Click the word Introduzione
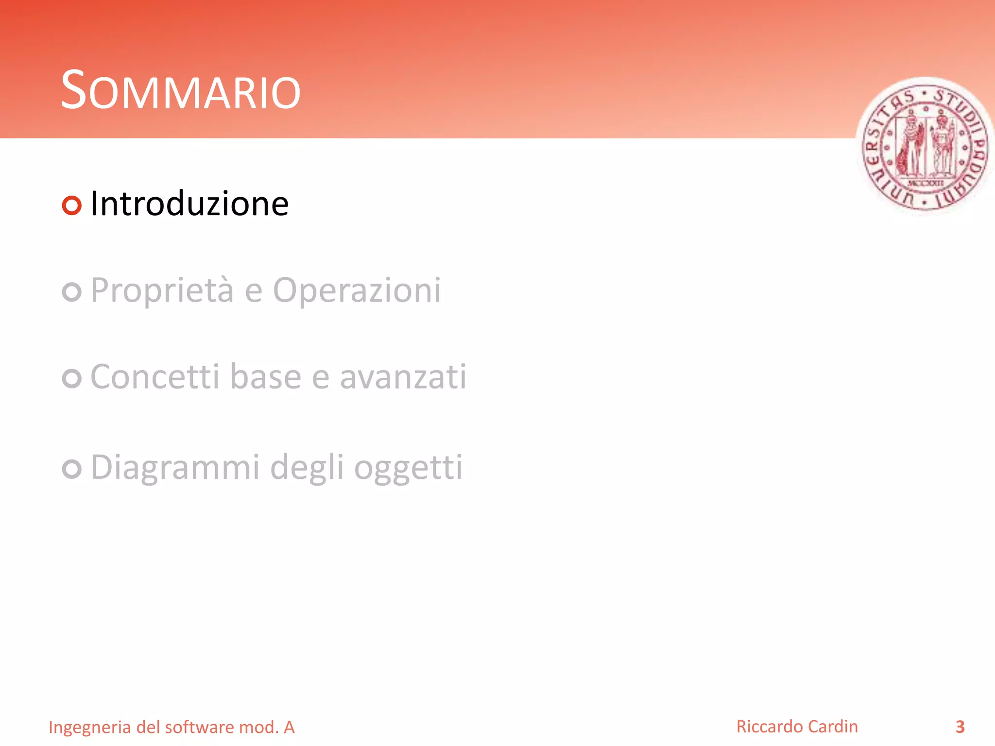[x=189, y=204]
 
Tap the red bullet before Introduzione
[x=72, y=205]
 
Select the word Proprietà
[x=162, y=290]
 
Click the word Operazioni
[x=357, y=290]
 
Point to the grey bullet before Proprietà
[x=72, y=292]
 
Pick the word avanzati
[x=403, y=377]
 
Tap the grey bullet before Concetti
[x=72, y=378]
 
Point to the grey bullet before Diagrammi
[x=72, y=469]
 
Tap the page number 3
[x=960, y=727]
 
